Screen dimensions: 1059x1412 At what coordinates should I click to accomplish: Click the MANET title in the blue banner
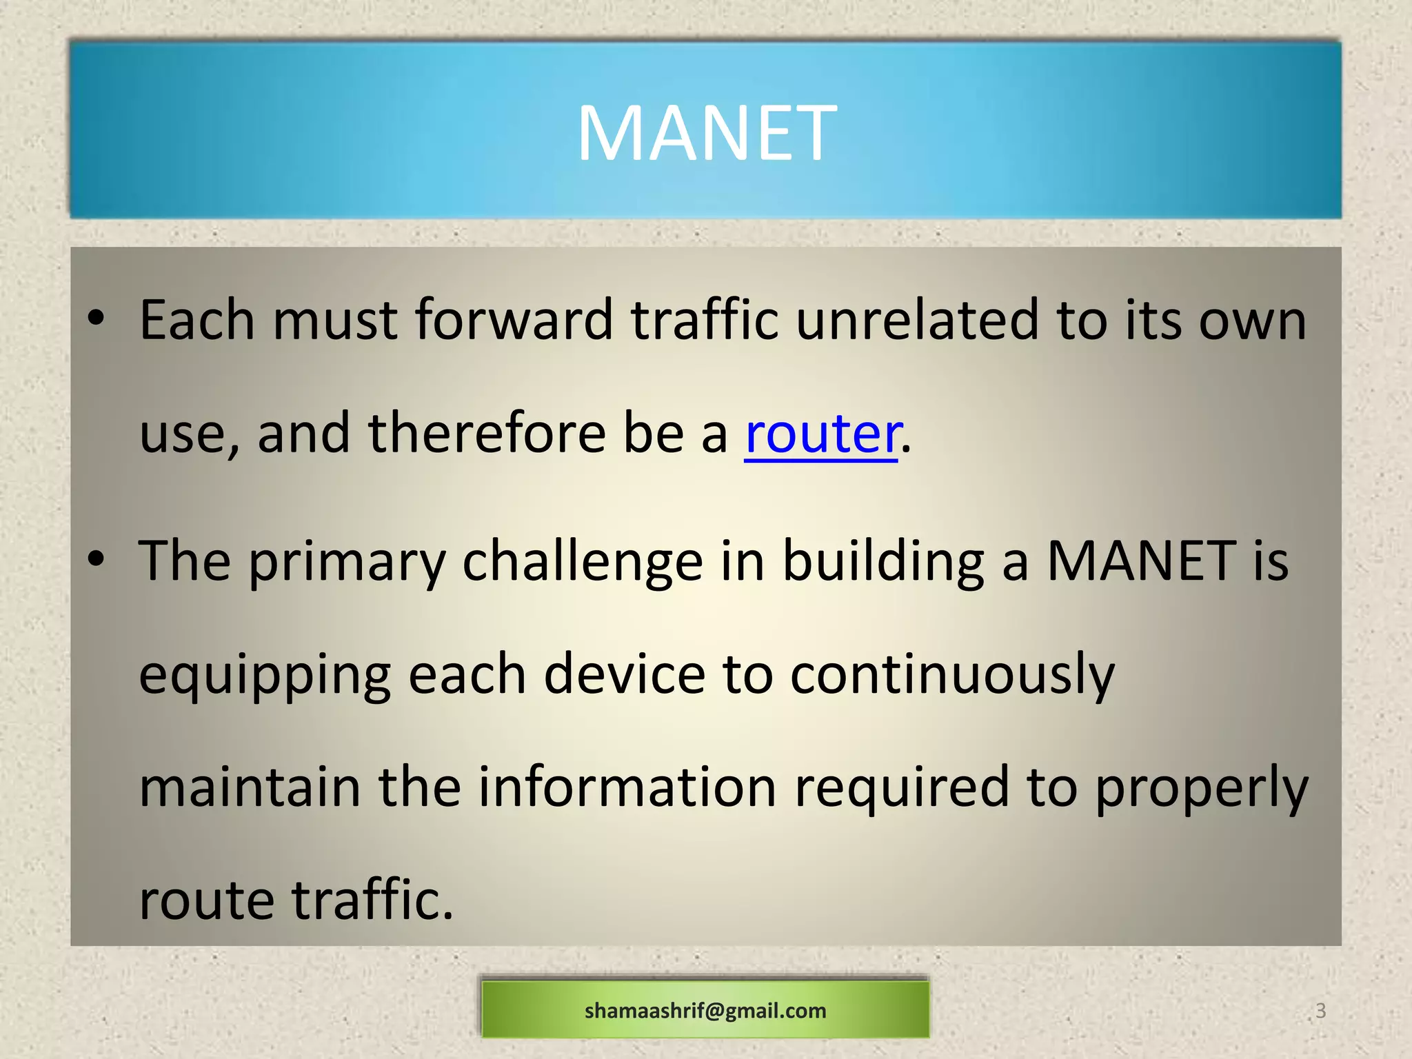[706, 132]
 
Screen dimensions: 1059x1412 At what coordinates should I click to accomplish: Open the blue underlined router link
[822, 434]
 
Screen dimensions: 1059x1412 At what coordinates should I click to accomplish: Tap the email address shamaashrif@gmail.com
[705, 1011]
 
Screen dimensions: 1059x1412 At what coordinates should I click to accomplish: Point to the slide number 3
[1320, 1011]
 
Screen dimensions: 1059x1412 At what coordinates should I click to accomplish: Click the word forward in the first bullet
[514, 321]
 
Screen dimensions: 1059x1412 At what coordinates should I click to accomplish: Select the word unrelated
[917, 321]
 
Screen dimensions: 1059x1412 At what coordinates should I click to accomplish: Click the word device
[625, 676]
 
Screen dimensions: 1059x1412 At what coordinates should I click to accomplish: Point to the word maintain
[250, 788]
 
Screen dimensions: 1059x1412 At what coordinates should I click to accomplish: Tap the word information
[627, 788]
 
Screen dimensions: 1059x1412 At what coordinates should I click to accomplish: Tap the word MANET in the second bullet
[1141, 561]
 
